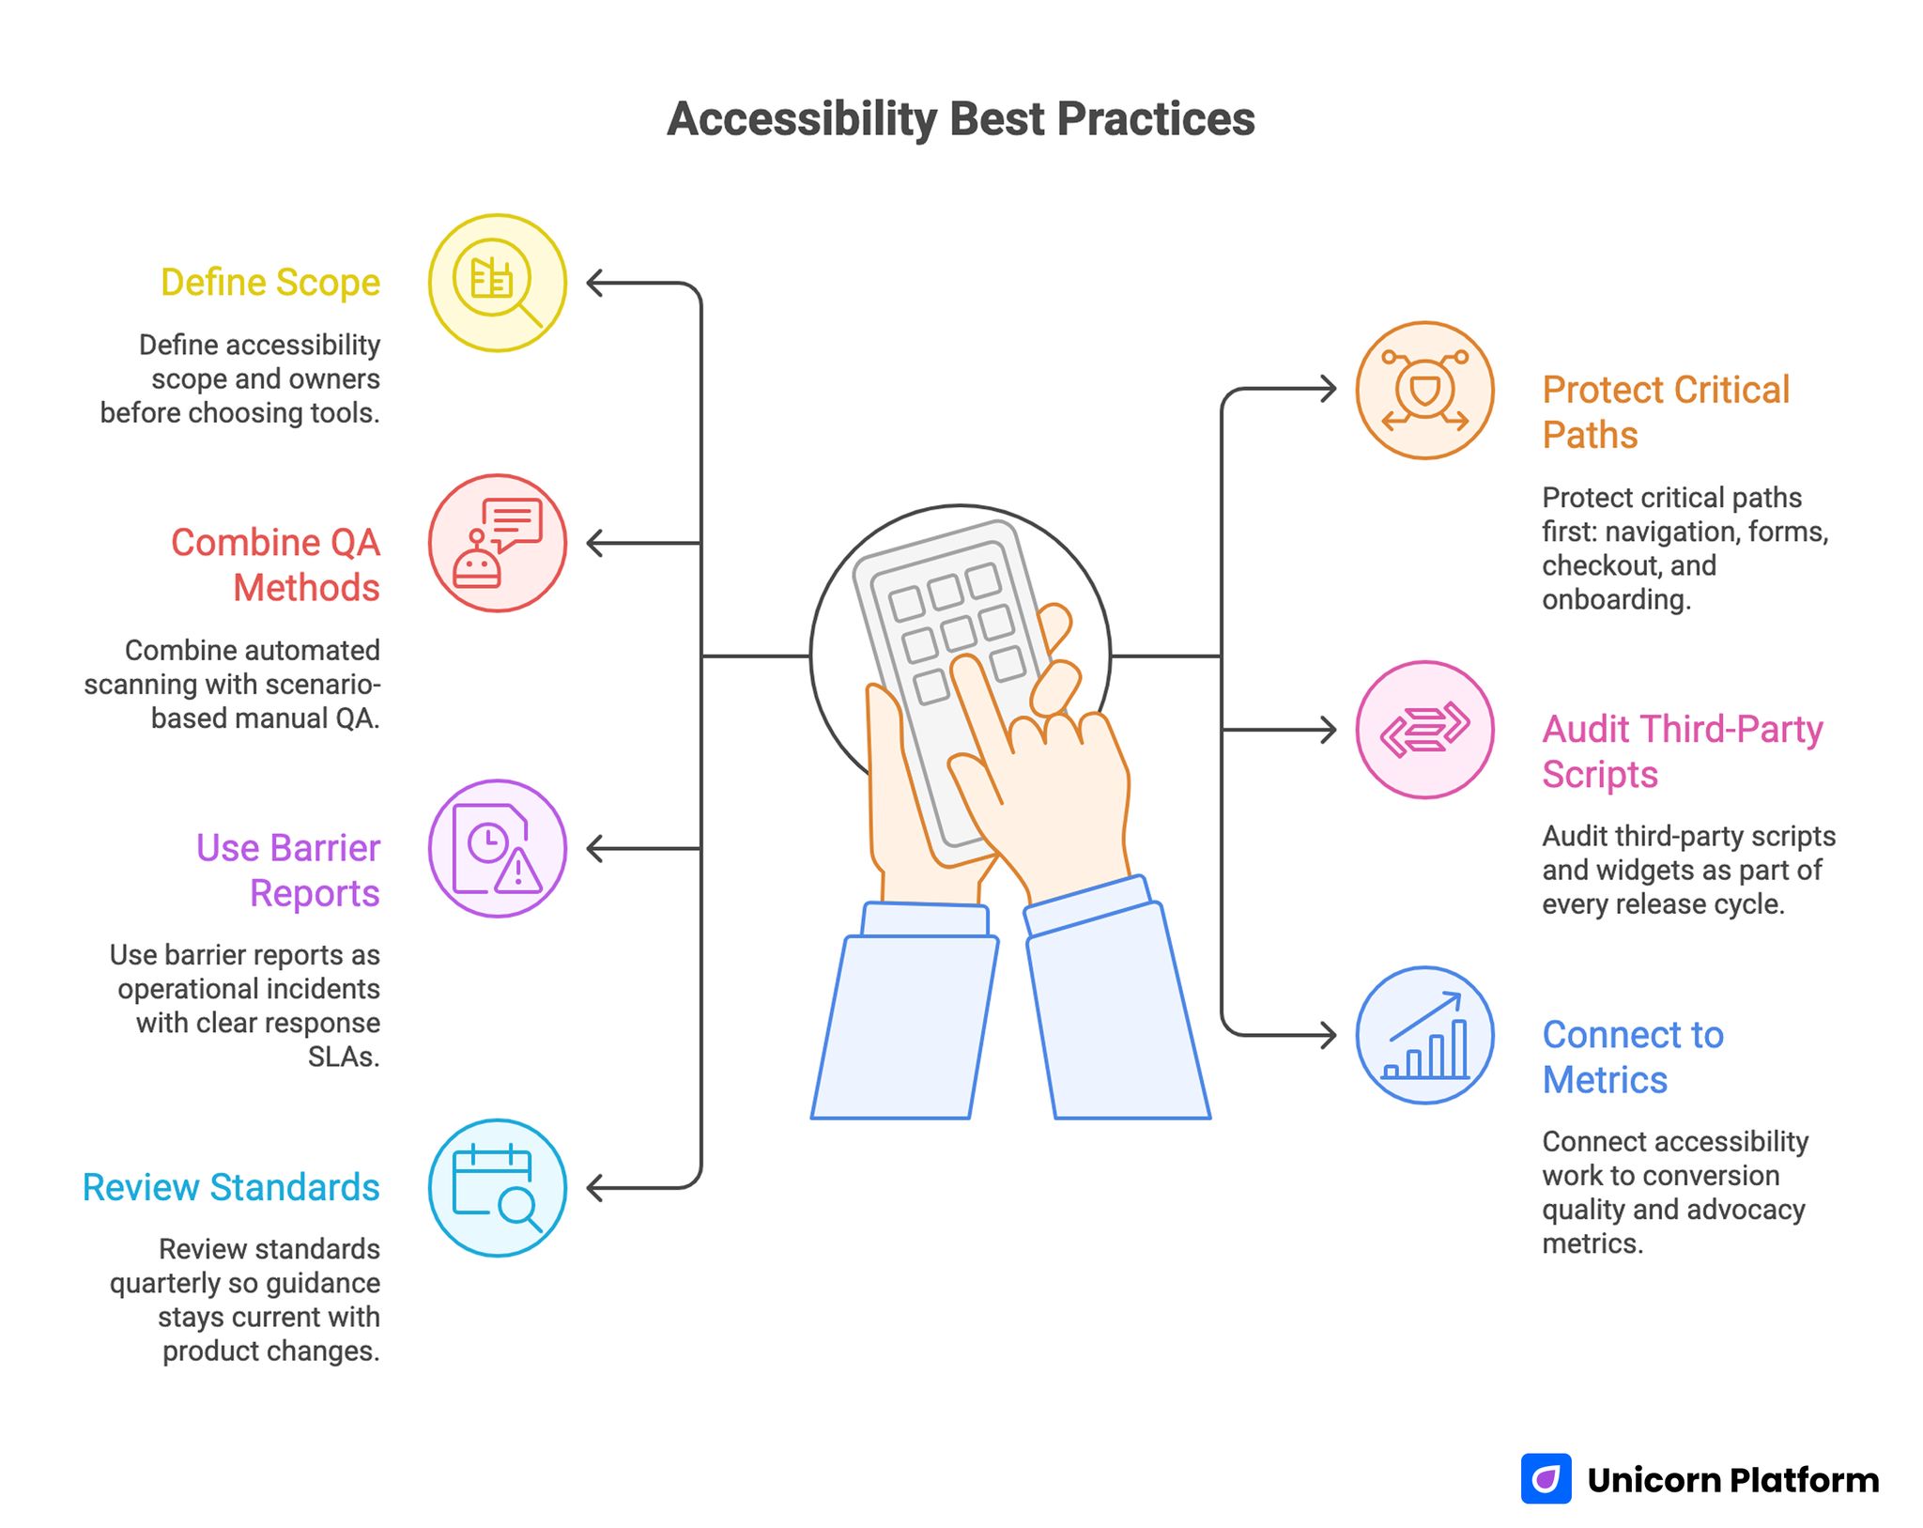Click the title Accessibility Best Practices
click(960, 119)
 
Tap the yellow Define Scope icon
click(497, 283)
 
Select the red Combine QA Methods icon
click(497, 543)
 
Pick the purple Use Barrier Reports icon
click(497, 848)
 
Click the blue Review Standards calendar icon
click(497, 1187)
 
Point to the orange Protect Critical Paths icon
click(1424, 390)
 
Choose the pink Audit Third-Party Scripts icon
click(1424, 730)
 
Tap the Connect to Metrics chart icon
click(1424, 1035)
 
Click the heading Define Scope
click(270, 283)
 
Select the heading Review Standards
click(231, 1187)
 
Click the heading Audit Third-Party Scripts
click(1682, 751)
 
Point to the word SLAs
click(344, 1057)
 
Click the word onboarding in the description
click(1616, 599)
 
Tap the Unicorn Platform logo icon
click(1546, 1478)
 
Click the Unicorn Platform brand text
click(1733, 1480)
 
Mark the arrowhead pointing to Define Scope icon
click(593, 283)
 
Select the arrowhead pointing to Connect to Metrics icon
click(1328, 1035)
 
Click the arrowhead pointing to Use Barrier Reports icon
click(593, 848)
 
